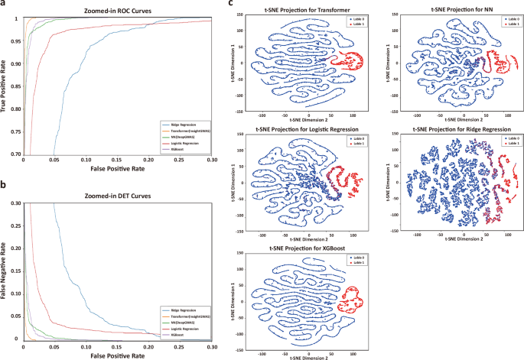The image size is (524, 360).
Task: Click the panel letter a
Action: (4, 5)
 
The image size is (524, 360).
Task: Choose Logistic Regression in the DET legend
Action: (184, 327)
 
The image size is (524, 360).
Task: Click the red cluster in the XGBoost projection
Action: (353, 300)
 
